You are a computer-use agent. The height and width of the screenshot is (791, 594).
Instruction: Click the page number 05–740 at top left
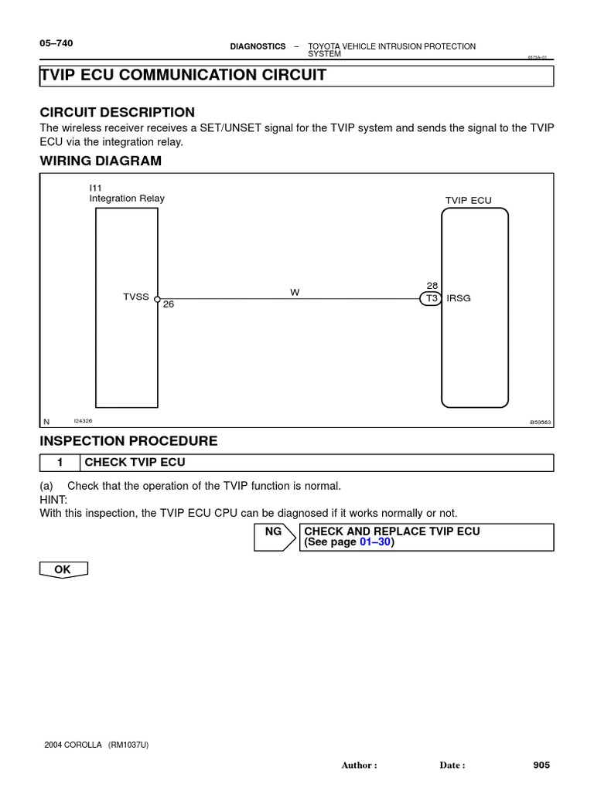coord(56,43)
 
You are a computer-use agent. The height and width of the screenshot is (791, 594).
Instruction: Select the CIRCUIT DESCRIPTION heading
coord(117,112)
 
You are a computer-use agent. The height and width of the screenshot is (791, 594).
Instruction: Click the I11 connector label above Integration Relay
coord(96,188)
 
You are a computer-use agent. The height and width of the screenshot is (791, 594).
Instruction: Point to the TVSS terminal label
coord(135,297)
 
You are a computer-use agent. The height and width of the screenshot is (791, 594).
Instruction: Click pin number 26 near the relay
coord(169,304)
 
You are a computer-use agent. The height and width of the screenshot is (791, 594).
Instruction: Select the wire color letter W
coord(295,293)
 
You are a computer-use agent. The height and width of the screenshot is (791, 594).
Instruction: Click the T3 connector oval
coord(431,299)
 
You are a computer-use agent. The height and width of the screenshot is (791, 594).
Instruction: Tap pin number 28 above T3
coord(432,286)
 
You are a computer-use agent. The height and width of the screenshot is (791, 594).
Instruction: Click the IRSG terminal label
coord(459,298)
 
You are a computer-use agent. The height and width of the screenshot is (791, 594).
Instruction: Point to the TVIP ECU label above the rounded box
coord(468,200)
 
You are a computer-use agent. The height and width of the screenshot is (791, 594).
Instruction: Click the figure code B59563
coord(541,423)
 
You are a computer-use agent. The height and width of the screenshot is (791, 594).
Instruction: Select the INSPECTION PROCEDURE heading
coord(128,441)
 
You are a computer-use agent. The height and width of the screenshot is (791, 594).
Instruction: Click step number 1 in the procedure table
coord(59,463)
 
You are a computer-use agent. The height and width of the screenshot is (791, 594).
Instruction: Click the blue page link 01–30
coord(375,542)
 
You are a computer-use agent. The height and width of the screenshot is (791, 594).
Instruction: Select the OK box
coord(63,569)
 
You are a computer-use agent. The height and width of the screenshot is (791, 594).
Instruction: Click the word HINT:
coord(53,499)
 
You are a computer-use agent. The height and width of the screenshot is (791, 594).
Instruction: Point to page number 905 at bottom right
coord(541,765)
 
